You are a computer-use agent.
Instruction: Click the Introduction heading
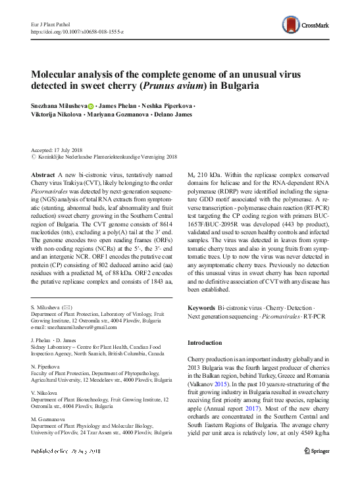[x=205, y=343]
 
